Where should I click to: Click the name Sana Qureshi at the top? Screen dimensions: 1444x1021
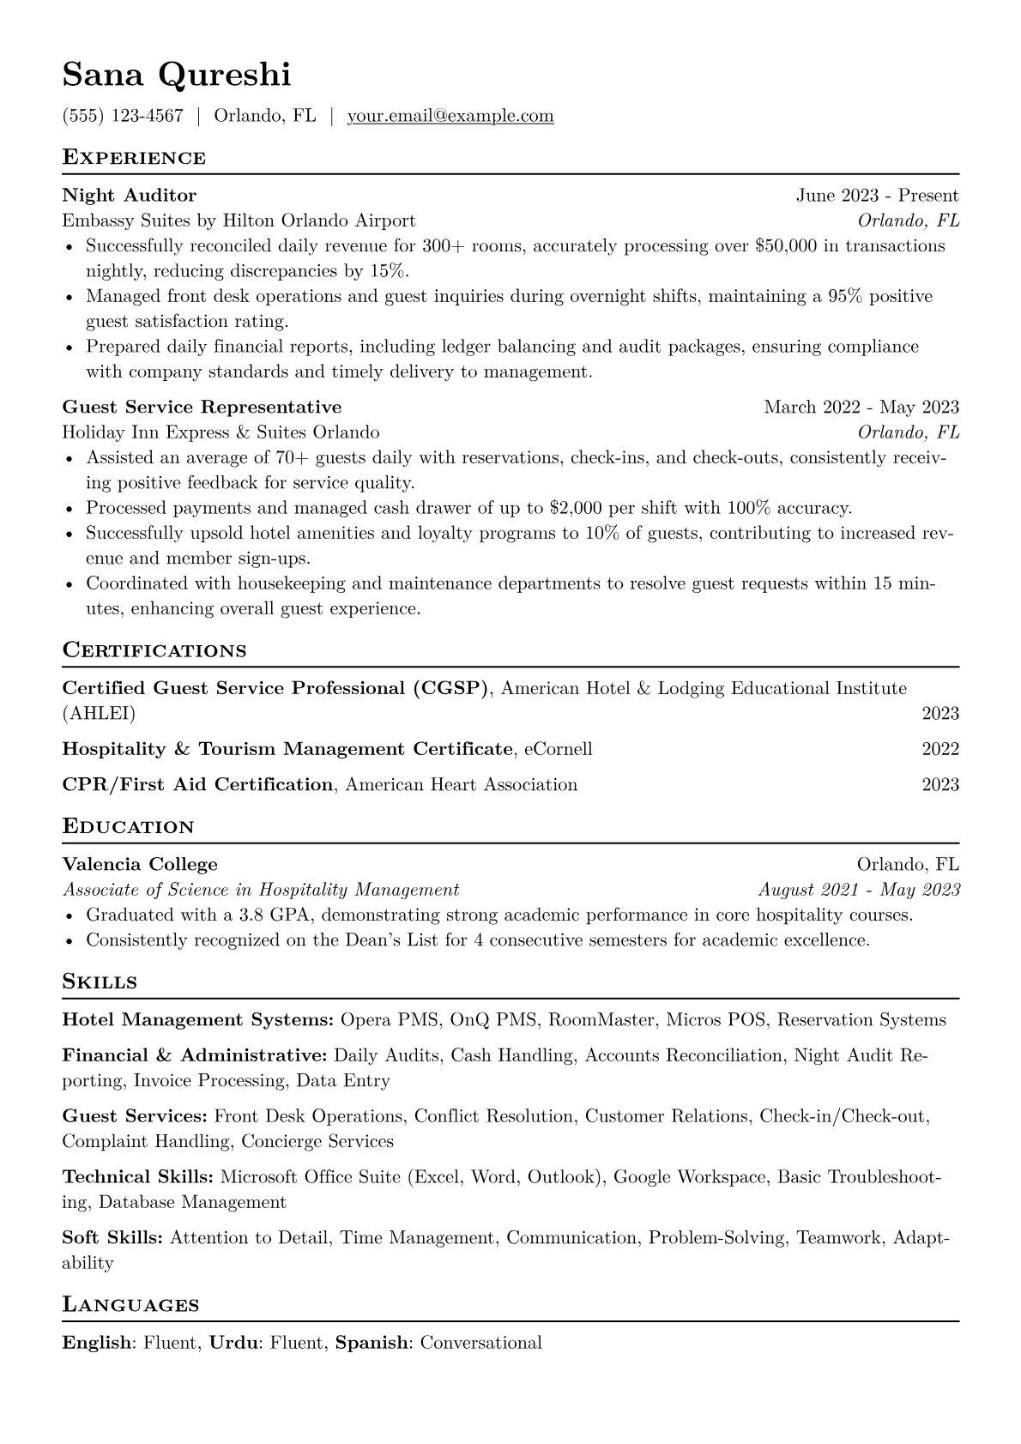point(176,76)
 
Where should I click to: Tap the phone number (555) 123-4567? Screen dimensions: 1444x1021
point(123,116)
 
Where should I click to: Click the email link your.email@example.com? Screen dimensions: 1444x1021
point(450,116)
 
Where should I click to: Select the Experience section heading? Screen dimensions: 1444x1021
point(134,158)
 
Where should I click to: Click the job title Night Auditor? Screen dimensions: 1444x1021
point(129,196)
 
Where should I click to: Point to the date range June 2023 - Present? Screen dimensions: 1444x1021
point(877,196)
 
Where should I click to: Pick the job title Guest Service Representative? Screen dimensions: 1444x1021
point(202,407)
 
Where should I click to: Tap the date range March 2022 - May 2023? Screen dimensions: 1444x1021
point(861,407)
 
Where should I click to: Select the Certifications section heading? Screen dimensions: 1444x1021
point(154,650)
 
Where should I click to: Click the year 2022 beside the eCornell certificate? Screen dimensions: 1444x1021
point(940,749)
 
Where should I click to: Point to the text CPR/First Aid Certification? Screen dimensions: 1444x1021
point(197,784)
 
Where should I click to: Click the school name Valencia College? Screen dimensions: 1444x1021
point(140,864)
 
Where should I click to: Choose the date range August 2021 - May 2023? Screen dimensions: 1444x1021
point(859,890)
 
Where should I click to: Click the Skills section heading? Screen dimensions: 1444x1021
point(100,982)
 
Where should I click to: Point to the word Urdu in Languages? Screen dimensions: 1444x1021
point(233,1343)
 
